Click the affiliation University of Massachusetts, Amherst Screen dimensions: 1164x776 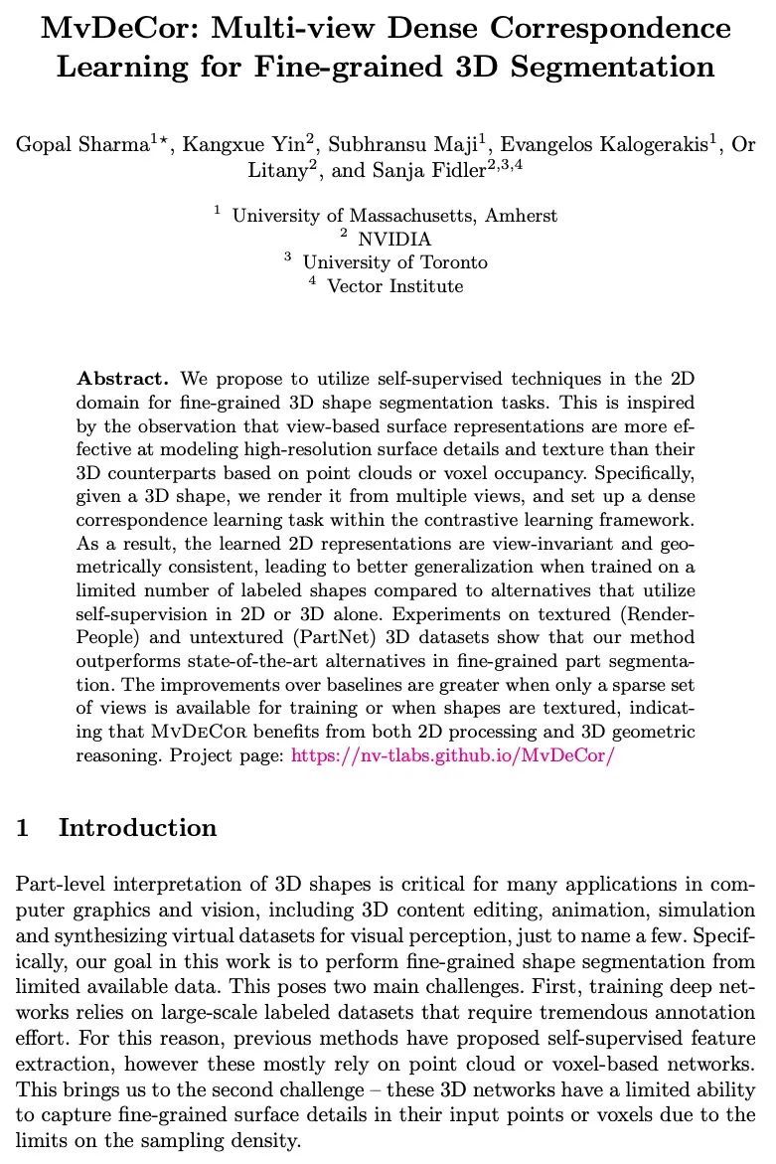[394, 216]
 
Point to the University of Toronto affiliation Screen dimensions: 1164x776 [394, 263]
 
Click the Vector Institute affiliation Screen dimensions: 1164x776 [394, 287]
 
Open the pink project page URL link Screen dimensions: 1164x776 [454, 754]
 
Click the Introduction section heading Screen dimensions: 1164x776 [137, 828]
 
